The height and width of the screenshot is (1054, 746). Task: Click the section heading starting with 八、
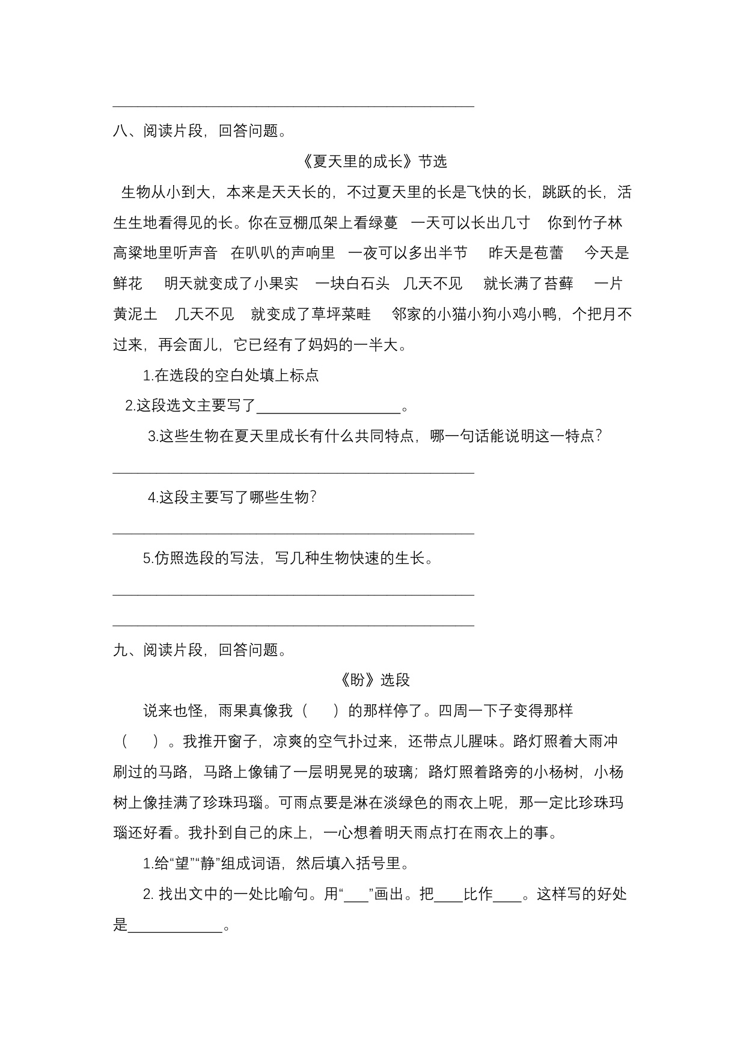point(199,131)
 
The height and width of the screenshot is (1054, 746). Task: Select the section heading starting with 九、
point(199,650)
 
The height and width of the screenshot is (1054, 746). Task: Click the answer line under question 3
point(293,472)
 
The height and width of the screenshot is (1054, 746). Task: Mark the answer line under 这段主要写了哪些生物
point(293,532)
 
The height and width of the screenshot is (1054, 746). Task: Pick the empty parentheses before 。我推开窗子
point(140,742)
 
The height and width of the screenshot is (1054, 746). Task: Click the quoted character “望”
point(181,864)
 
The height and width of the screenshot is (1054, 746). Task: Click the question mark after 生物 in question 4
point(312,498)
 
